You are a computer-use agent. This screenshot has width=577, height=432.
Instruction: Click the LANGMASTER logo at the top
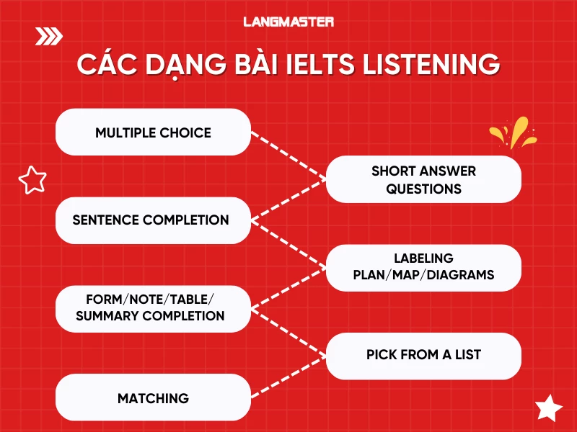click(x=288, y=22)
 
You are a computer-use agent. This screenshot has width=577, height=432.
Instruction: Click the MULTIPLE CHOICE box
click(x=153, y=132)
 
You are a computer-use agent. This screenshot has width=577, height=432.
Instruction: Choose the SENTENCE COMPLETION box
click(x=153, y=220)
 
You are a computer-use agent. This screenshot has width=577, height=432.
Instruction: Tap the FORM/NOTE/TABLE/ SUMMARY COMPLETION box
click(x=153, y=308)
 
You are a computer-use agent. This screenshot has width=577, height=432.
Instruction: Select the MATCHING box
click(x=153, y=397)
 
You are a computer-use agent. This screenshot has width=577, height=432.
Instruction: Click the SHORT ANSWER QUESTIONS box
click(x=423, y=180)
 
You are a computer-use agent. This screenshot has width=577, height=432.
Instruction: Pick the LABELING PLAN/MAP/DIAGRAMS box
click(x=423, y=267)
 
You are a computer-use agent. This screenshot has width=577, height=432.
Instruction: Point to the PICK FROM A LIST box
click(x=423, y=355)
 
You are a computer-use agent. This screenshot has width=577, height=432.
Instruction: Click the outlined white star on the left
click(x=32, y=179)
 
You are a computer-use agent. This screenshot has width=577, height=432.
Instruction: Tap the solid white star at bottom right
click(x=549, y=408)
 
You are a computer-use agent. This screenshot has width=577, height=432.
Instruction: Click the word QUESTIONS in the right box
click(x=423, y=189)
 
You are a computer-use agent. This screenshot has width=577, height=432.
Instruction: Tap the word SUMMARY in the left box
click(x=107, y=316)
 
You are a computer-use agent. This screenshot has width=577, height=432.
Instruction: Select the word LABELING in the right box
click(x=423, y=258)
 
